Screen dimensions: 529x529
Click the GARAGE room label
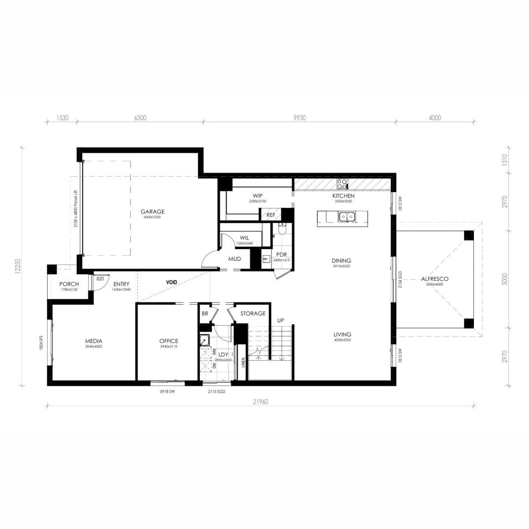click(153, 212)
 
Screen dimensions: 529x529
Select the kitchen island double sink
click(346, 216)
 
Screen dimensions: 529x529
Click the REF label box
click(270, 215)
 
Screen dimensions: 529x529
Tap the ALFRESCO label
click(435, 279)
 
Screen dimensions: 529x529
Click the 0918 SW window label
click(168, 391)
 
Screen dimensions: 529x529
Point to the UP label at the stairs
click(280, 320)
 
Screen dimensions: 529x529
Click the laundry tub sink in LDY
click(204, 339)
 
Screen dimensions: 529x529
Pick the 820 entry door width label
click(100, 279)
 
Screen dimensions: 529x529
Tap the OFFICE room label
click(169, 341)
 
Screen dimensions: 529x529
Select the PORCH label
click(69, 284)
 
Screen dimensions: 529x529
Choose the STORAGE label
click(253, 313)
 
